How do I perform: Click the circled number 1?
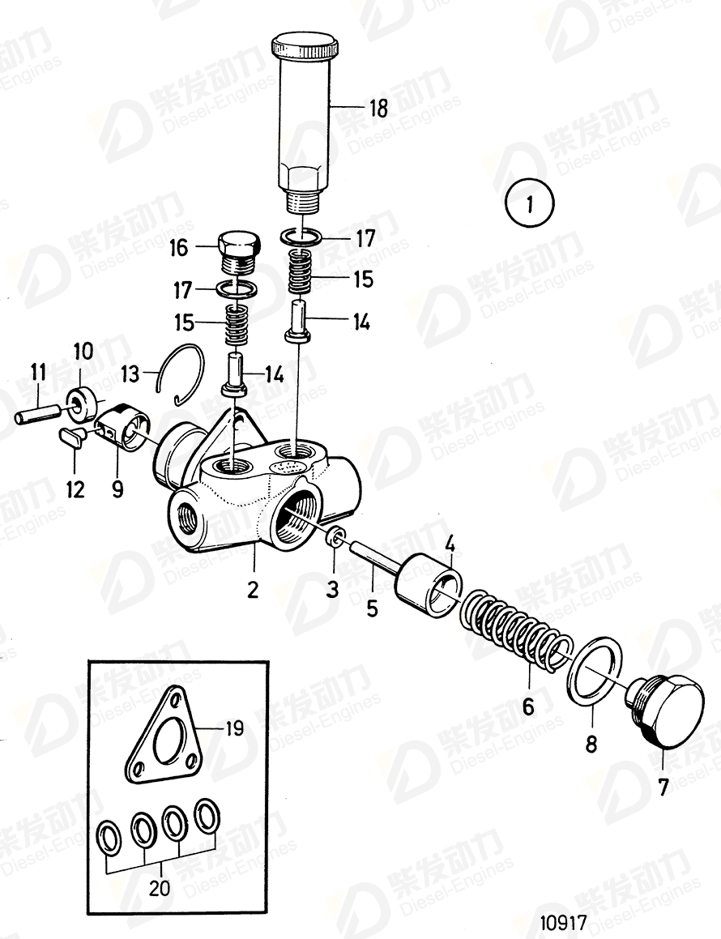(528, 203)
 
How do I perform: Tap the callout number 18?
(378, 107)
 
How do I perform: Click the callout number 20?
(160, 888)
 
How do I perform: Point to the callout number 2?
(253, 590)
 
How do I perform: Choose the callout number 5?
(372, 608)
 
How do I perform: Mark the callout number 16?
(179, 248)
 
